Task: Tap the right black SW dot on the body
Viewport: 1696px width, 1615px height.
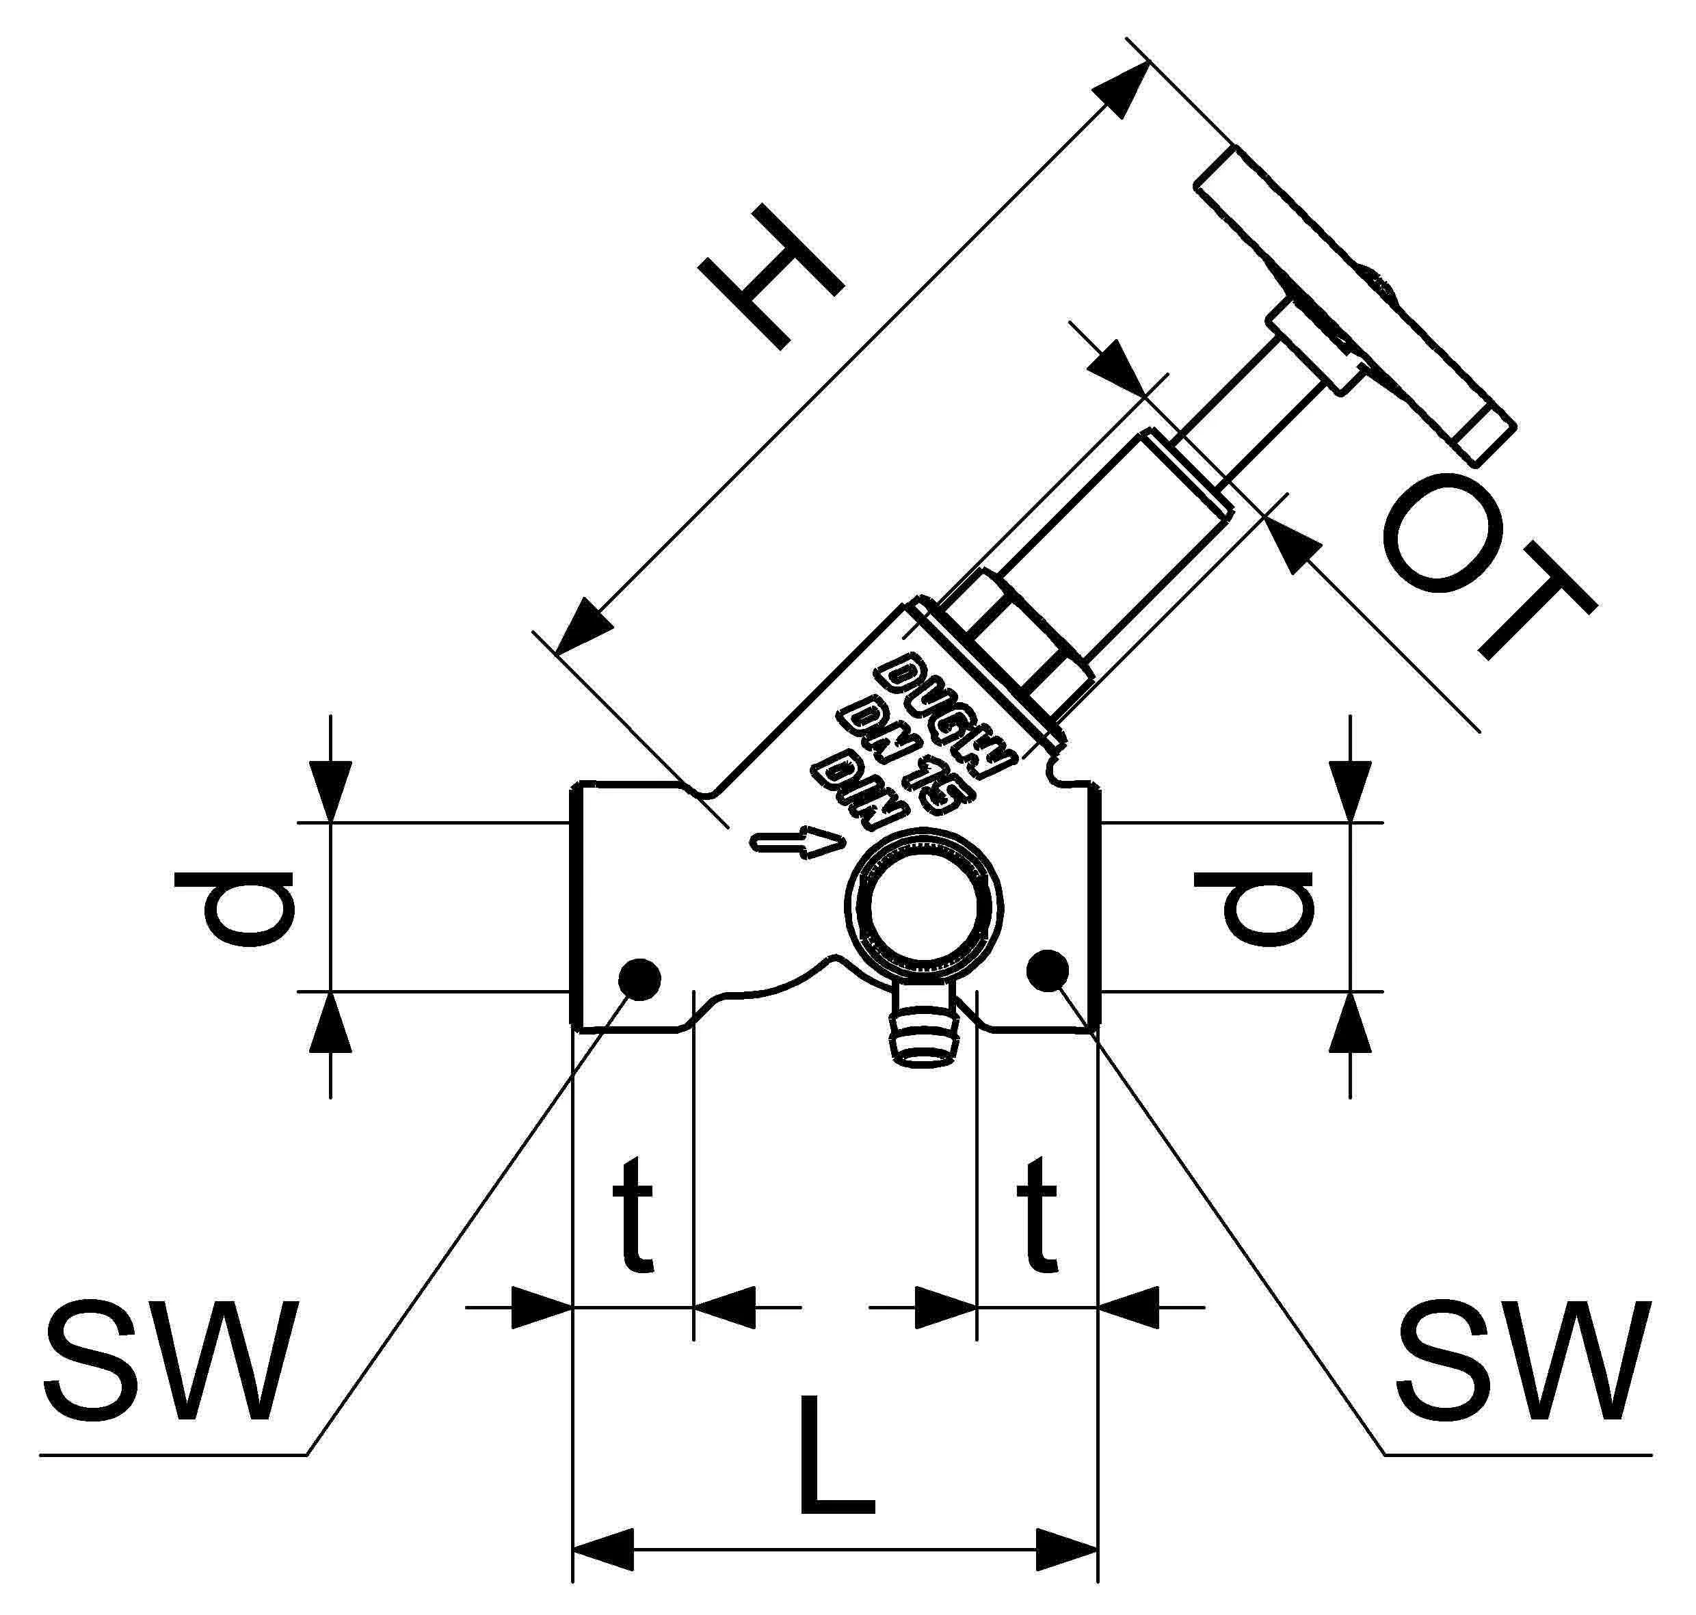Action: (x=1048, y=970)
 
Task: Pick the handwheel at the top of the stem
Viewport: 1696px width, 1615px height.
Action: (x=1351, y=302)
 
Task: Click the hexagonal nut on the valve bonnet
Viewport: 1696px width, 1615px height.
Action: (x=1024, y=641)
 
